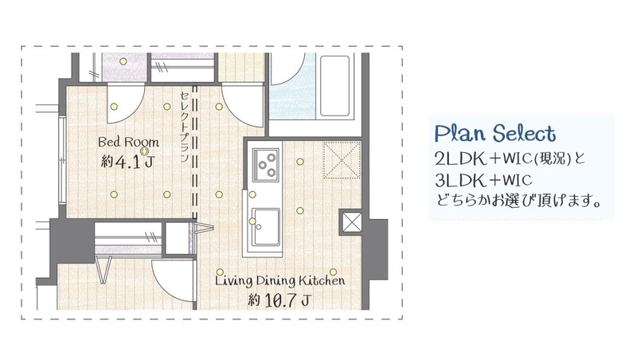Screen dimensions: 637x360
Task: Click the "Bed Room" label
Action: (128, 142)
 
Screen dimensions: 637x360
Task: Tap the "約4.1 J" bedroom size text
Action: (127, 162)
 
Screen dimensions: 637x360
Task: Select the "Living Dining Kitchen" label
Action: (280, 281)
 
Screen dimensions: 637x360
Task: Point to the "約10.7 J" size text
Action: (280, 301)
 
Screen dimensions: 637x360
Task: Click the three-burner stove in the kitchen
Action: (266, 165)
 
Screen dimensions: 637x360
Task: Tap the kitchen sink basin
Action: (266, 227)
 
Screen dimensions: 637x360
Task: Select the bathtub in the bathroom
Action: (334, 86)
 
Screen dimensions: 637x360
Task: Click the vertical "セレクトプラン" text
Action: (184, 127)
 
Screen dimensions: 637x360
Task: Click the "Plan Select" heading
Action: (495, 134)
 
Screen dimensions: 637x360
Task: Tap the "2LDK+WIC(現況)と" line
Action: (510, 158)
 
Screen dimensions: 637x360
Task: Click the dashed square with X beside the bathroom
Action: (342, 159)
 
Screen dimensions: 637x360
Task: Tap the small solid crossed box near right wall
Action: (351, 222)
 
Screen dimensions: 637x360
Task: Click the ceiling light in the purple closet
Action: (123, 61)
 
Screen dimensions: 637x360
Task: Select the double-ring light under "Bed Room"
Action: (144, 151)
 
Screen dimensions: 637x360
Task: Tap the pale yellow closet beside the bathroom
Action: (241, 68)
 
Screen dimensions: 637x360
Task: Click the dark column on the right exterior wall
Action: (378, 249)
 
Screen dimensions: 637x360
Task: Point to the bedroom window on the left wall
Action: (62, 160)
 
